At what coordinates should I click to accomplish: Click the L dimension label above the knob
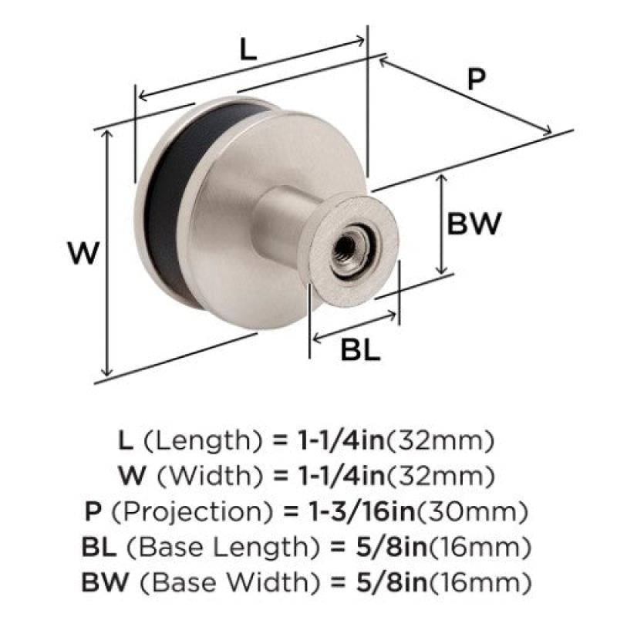(248, 50)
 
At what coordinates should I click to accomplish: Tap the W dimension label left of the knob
(83, 254)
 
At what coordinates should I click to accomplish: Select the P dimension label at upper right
(476, 79)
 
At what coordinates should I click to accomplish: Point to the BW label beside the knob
(474, 224)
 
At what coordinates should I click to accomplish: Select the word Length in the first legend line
(203, 440)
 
